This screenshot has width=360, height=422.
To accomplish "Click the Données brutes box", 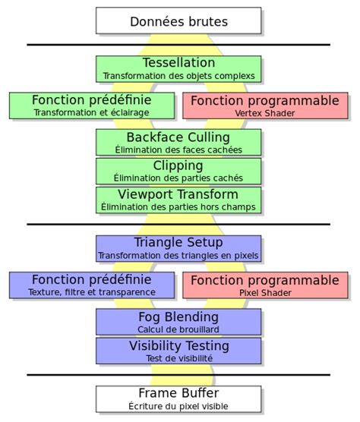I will (x=178, y=21).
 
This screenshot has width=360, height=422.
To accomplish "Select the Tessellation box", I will (x=178, y=68).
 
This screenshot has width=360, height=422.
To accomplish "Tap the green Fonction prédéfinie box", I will (x=91, y=106).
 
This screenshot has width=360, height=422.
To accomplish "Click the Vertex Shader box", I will (x=265, y=106).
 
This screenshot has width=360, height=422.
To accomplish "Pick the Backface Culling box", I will (x=178, y=143).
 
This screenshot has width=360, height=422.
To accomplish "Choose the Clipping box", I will (x=178, y=171).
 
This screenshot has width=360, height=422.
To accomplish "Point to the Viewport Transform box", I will (x=178, y=200).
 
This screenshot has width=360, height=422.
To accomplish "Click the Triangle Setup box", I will (x=178, y=248).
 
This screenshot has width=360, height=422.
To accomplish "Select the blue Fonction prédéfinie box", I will (x=91, y=285).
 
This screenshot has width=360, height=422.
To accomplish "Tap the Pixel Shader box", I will (x=265, y=285).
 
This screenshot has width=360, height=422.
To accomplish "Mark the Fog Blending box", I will (x=178, y=322).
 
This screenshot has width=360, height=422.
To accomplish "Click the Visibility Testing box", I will (x=178, y=351).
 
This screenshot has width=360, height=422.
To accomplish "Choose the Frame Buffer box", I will (x=178, y=399).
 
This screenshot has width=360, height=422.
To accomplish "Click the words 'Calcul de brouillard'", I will (x=178, y=329).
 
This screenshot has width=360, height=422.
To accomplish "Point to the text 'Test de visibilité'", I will (x=178, y=358).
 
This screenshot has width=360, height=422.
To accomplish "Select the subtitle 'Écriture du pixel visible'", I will (x=178, y=407).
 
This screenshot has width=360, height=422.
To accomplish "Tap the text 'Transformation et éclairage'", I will (x=91, y=112).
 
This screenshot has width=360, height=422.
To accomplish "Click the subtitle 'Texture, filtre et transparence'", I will (x=91, y=292).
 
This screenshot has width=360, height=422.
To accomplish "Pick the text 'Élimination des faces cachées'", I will (x=178, y=150).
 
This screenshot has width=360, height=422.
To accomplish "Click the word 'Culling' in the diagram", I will (x=204, y=137).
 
